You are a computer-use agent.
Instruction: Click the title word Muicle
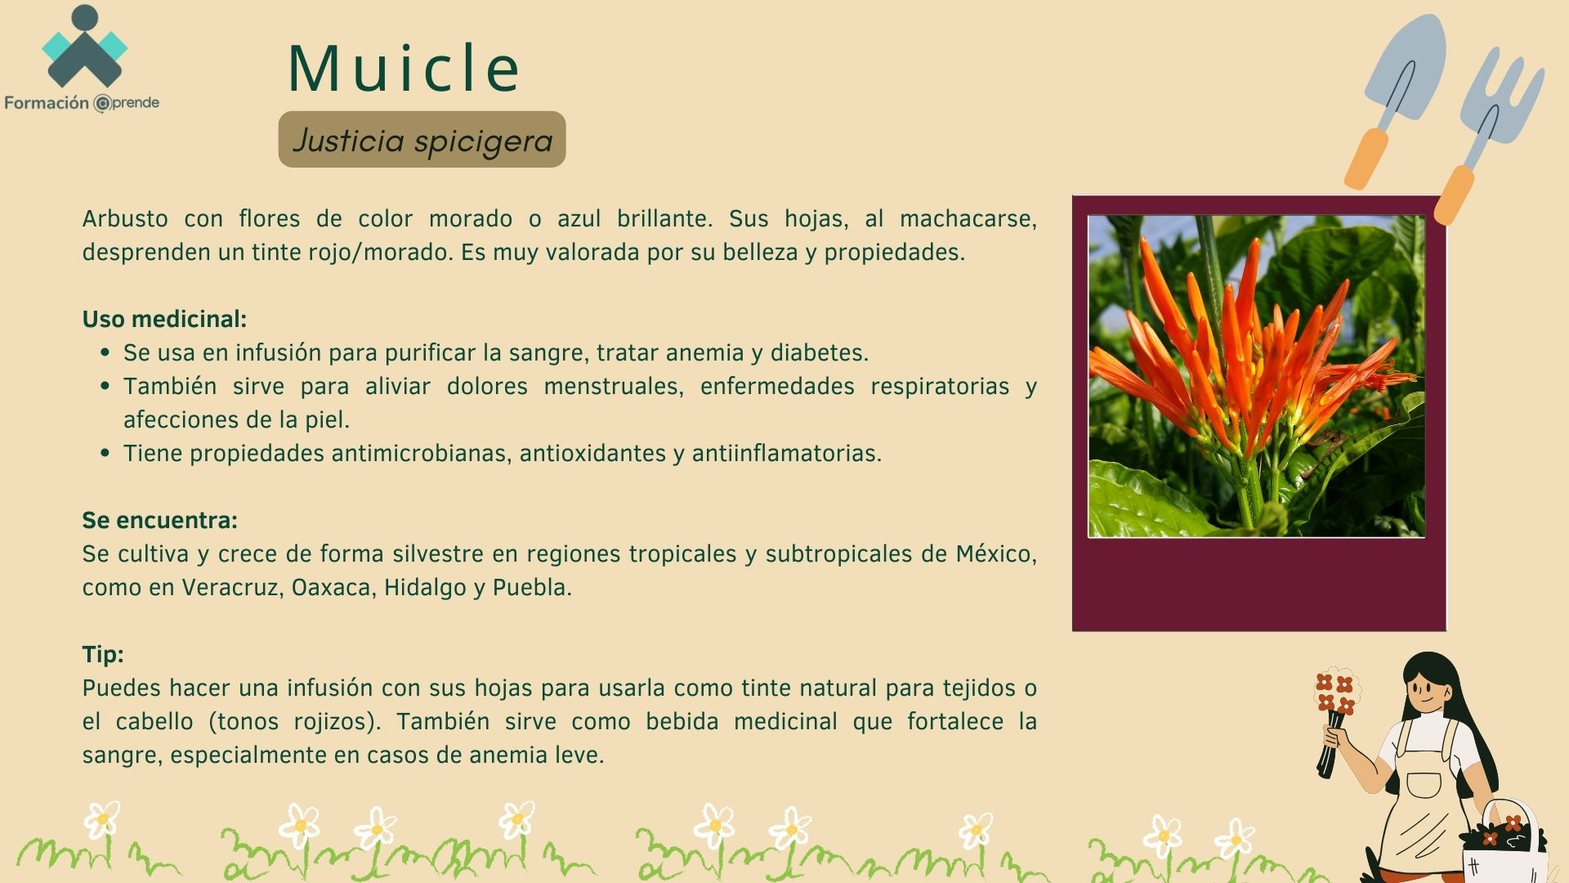point(404,68)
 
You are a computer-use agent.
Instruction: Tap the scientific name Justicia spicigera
point(422,141)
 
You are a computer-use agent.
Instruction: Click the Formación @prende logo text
point(82,103)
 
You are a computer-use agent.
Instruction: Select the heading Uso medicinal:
point(164,319)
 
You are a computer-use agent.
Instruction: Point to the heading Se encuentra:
point(160,520)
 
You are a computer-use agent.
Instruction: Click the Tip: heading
point(103,654)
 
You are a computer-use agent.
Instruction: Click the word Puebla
point(532,587)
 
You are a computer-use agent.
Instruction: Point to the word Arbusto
point(125,218)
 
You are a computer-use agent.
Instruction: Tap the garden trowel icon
point(1394,98)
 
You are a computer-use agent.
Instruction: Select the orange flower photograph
point(1257,376)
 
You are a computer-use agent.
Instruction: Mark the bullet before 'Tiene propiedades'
point(105,453)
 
